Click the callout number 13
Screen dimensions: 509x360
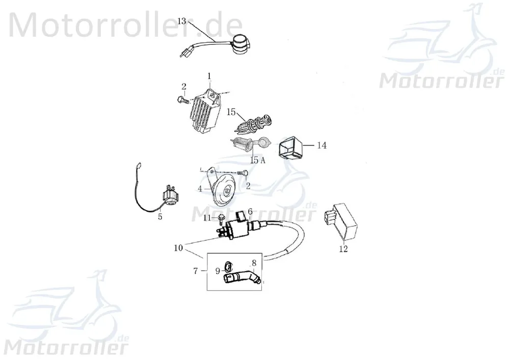tap(182, 21)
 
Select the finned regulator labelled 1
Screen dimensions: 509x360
tap(207, 112)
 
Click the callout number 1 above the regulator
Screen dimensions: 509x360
tap(209, 76)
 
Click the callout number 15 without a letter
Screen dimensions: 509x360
tap(231, 112)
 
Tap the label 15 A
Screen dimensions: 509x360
tap(258, 160)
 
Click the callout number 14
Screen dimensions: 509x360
tap(322, 145)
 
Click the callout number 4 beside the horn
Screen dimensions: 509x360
tap(200, 189)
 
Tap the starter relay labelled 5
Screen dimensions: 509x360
tap(168, 195)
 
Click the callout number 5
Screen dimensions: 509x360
tap(160, 216)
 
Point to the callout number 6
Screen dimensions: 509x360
tap(250, 212)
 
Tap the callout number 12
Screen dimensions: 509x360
tap(343, 249)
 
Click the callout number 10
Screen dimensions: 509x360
tap(178, 248)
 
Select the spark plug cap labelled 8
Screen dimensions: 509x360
tap(242, 278)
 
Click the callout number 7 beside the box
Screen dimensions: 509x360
tap(196, 271)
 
